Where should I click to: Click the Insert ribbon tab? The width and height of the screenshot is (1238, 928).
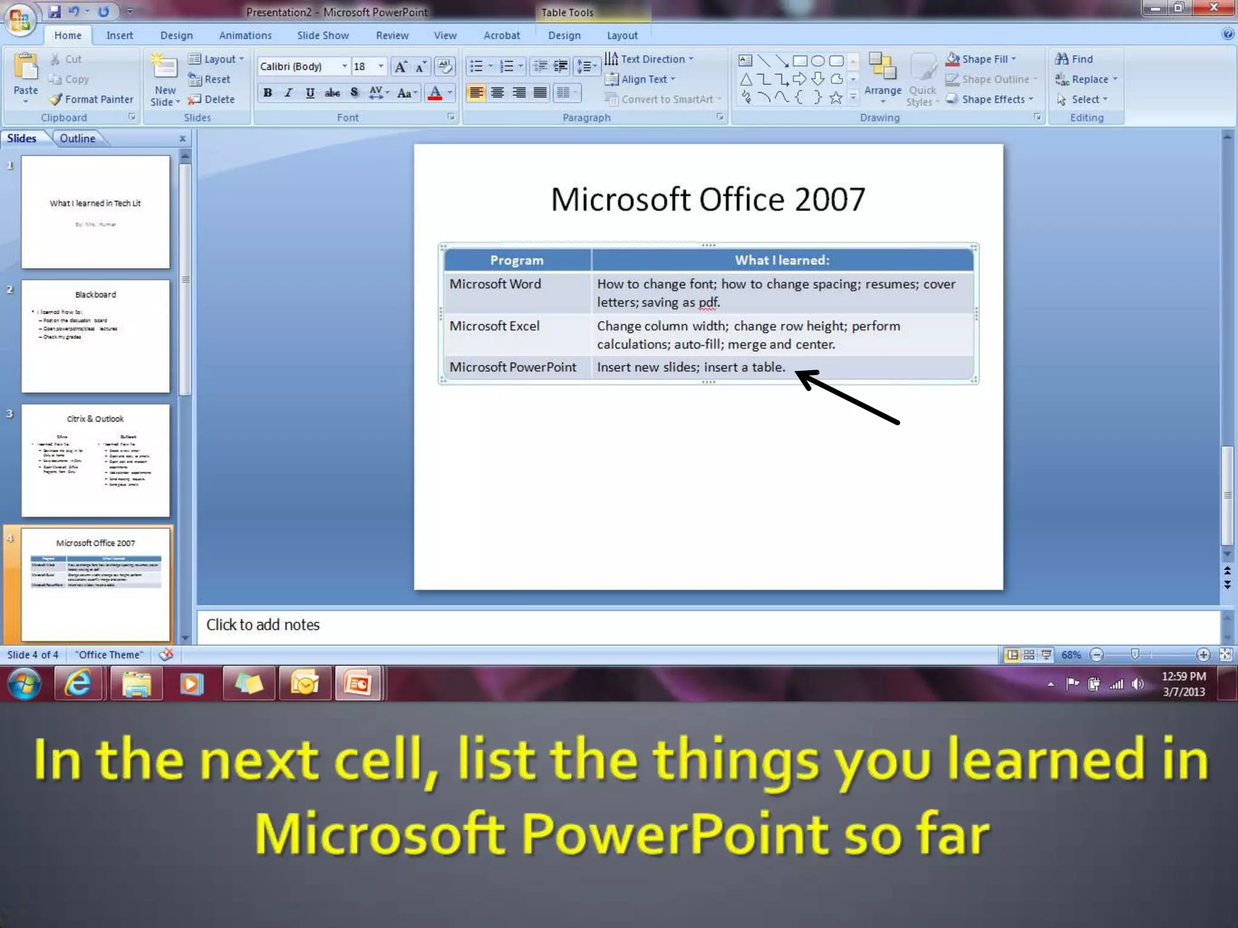click(119, 36)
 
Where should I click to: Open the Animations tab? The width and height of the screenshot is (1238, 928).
click(245, 36)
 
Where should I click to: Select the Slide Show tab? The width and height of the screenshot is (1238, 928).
click(323, 36)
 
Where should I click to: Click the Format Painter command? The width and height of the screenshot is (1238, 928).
click(92, 99)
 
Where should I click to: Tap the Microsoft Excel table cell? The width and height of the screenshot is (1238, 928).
click(494, 326)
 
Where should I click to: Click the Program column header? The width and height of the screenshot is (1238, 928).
click(517, 260)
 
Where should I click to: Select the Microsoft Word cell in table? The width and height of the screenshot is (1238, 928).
click(495, 284)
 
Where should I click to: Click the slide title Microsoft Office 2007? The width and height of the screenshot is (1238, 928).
click(708, 199)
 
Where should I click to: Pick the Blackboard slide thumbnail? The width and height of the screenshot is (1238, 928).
click(96, 336)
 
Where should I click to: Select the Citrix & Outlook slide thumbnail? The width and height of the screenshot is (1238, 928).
click(96, 460)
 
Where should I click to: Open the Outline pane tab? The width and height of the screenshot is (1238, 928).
click(77, 138)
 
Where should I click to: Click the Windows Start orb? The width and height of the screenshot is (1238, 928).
click(24, 683)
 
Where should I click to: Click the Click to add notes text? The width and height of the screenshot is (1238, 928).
click(263, 625)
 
